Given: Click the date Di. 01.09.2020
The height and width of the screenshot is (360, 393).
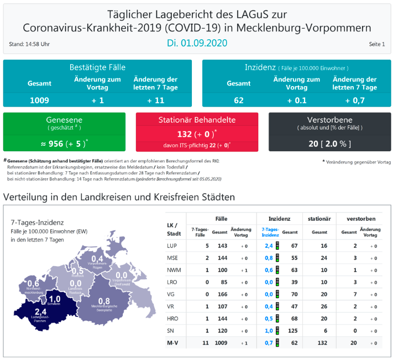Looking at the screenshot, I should (197, 43).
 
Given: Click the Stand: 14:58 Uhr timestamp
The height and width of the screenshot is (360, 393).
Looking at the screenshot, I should (30, 44).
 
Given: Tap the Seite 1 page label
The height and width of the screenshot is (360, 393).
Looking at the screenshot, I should (376, 44).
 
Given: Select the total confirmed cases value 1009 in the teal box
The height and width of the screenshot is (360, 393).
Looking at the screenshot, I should (39, 100).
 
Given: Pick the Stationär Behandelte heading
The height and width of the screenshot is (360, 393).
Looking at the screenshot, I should (197, 120).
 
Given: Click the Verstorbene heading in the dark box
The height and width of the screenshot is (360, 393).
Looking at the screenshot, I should (329, 120).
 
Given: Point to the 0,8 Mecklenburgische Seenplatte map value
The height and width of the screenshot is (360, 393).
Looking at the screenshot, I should (104, 301).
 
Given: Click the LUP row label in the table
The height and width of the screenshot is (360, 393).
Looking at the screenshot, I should (172, 246).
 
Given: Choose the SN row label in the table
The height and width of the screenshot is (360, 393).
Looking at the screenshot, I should (171, 330).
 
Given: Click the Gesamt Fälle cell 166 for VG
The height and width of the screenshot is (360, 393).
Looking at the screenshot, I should (223, 294).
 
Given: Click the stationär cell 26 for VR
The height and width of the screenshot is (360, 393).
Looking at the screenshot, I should (324, 306).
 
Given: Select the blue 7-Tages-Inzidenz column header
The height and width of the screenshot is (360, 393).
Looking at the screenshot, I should (270, 231).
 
